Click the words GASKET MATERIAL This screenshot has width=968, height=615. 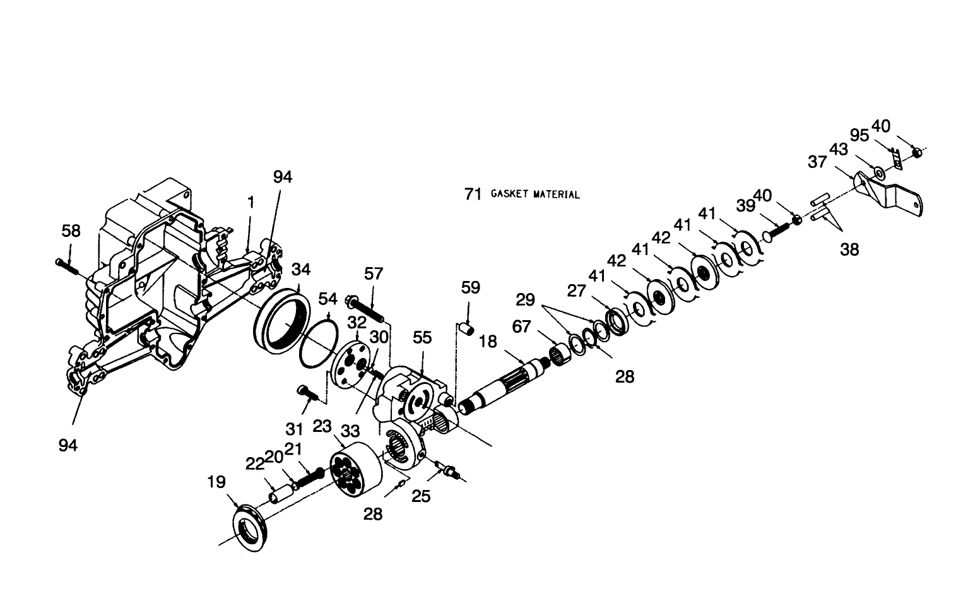pos(535,194)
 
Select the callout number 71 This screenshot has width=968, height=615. pos(473,194)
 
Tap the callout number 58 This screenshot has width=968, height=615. pos(71,231)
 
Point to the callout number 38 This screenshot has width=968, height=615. pos(849,249)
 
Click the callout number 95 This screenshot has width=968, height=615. pos(859,136)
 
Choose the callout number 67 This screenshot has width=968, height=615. pos(522,326)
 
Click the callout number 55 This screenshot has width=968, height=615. pos(422,338)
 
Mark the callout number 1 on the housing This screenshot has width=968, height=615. pos(251,203)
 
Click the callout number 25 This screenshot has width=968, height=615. pos(421,496)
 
